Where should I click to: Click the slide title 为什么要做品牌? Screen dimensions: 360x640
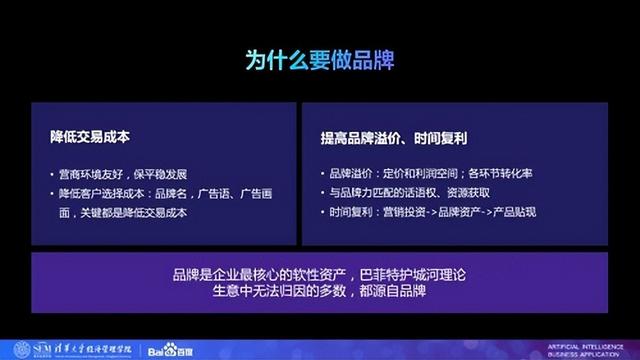[320, 61]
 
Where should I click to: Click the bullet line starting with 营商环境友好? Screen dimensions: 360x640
[130, 172]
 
